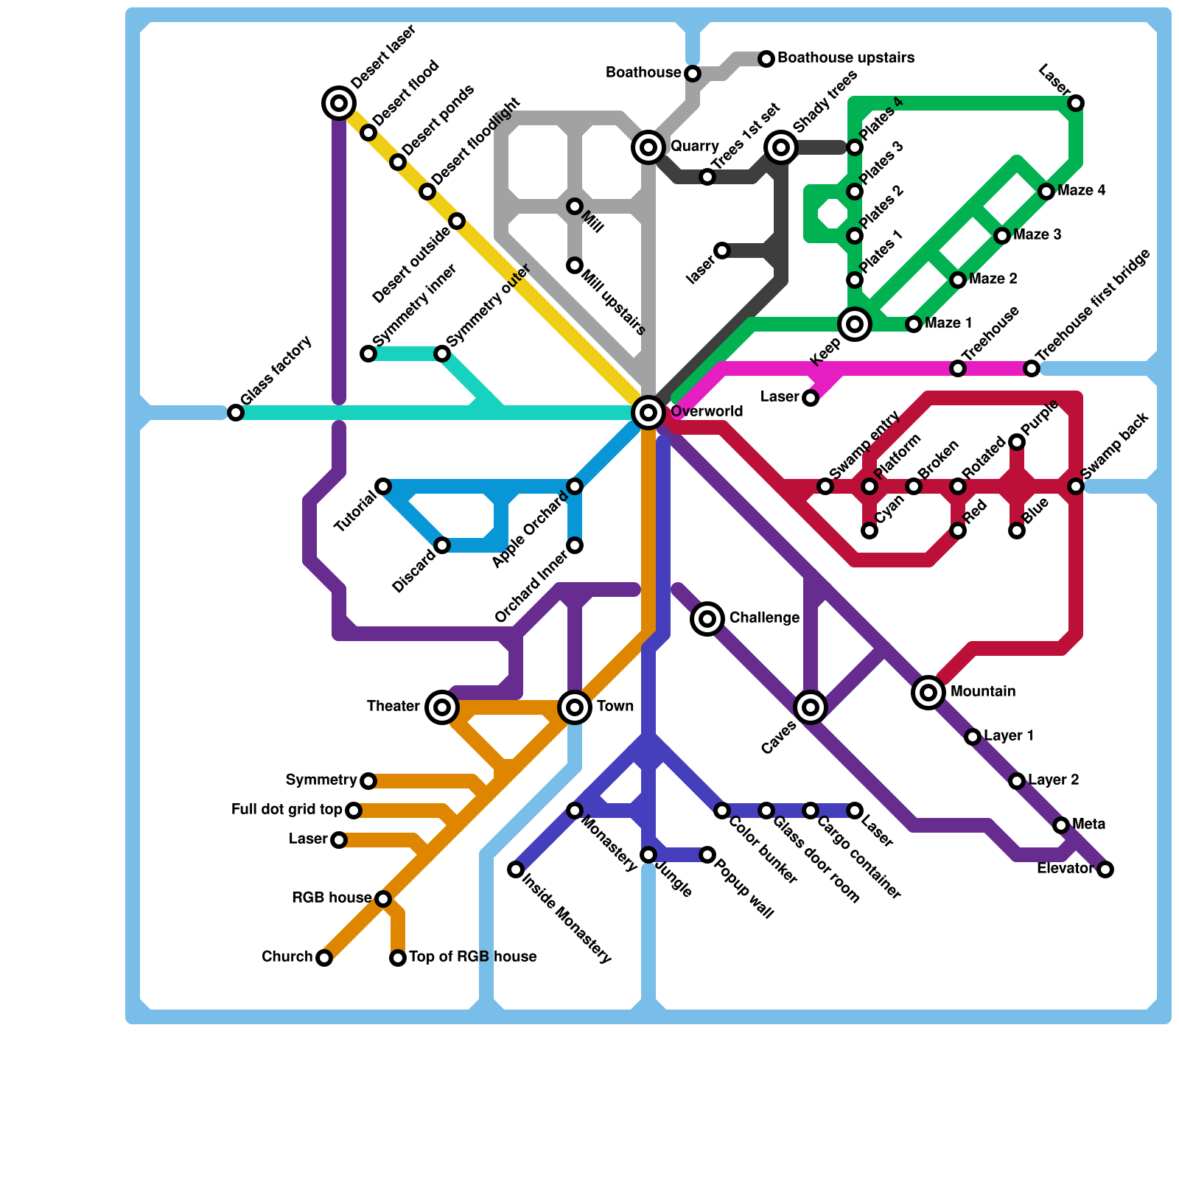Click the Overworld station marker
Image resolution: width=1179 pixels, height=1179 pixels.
coord(648,413)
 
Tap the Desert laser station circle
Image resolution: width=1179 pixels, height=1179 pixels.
coord(339,103)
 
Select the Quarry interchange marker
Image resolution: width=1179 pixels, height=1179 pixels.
coord(648,147)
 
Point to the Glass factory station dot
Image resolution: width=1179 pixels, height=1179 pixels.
coord(236,413)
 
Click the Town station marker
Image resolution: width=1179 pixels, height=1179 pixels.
coord(575,707)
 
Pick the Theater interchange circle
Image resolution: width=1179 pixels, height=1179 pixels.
coord(442,707)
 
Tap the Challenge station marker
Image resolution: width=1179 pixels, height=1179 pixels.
coord(707,619)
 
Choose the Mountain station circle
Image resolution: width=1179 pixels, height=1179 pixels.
coord(928,693)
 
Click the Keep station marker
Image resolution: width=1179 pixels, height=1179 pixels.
coord(855,324)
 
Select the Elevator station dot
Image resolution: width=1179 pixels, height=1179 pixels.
coord(1105,870)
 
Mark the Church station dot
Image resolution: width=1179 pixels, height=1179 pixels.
coord(324,958)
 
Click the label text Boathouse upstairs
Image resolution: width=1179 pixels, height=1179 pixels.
coord(846,58)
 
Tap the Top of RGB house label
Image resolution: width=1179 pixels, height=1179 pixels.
coord(472,957)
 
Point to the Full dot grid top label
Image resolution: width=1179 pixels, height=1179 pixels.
coord(287,810)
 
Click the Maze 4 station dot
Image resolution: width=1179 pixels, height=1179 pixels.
coord(1046,192)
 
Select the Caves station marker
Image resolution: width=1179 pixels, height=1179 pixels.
coord(811,707)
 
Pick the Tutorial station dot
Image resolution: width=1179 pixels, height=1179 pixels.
coord(383,486)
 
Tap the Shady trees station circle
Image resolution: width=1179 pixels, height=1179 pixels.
coord(781,147)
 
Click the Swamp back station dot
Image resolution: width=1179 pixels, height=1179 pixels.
coord(1076,486)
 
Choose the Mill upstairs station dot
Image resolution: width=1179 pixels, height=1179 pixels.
coord(575,265)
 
